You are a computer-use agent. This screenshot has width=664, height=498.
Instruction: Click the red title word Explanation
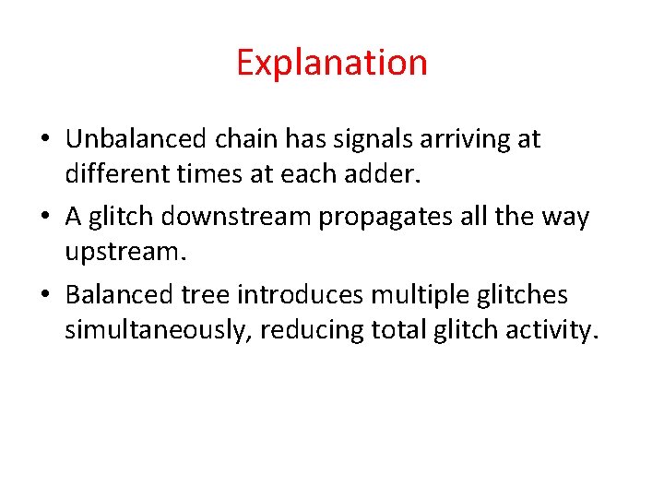[331, 63]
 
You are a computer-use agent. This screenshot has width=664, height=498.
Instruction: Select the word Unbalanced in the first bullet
[137, 139]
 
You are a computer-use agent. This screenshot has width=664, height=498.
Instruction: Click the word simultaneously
[156, 328]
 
